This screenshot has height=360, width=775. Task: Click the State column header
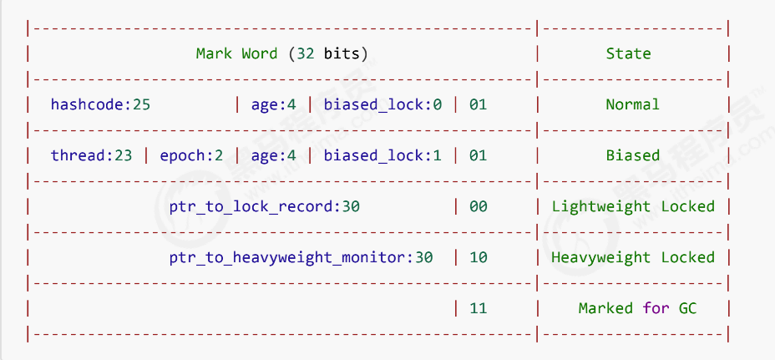pos(628,53)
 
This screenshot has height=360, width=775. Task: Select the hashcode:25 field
pos(100,105)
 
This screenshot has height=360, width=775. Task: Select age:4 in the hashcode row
pos(273,105)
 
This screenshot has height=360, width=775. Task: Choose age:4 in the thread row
pos(273,155)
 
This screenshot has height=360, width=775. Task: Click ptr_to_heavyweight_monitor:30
pos(301,257)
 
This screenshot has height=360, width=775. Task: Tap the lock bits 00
pos(478,206)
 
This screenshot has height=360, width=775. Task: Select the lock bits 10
pos(478,257)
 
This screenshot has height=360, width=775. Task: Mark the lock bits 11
pos(478,308)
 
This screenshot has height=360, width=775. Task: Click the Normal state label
pos(632,105)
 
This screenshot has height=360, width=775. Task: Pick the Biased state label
pos(632,155)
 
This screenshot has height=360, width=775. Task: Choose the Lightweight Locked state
pos(632,206)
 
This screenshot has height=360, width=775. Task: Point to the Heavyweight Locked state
pos(632,257)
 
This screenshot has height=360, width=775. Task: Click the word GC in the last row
pos(687,308)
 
